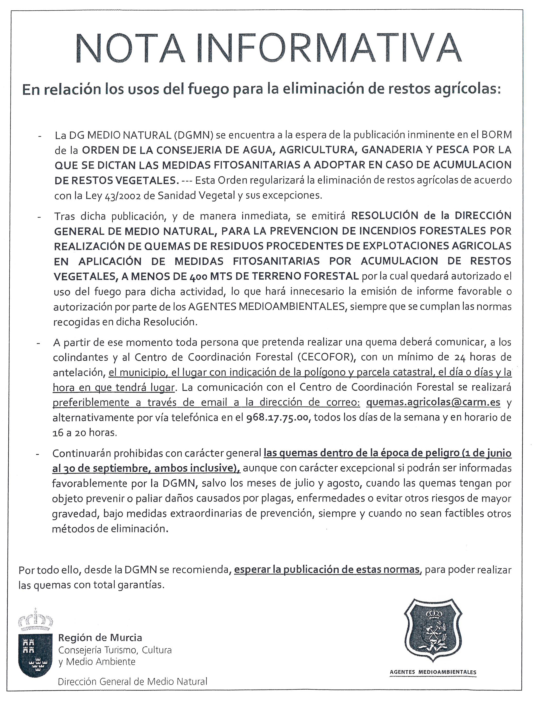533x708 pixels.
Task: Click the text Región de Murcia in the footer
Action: click(x=100, y=638)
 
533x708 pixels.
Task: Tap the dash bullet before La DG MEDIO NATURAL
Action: click(x=39, y=136)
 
